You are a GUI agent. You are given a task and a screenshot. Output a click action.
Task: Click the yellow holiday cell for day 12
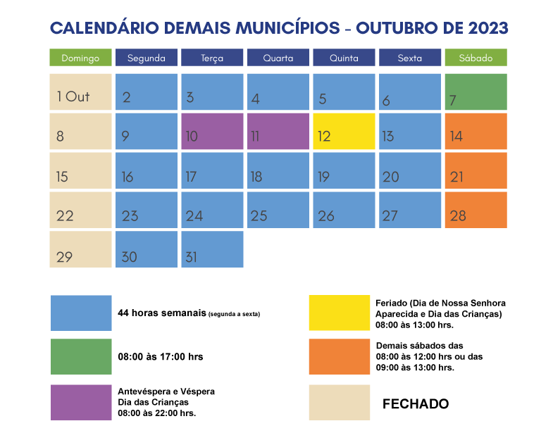tap(344, 131)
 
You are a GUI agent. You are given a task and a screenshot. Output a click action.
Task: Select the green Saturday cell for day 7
tap(476, 92)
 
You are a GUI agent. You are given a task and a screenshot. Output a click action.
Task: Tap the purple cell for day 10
tap(212, 131)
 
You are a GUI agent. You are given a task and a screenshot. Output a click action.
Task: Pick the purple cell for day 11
tap(278, 131)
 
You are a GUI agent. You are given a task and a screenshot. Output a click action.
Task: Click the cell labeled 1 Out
tap(80, 92)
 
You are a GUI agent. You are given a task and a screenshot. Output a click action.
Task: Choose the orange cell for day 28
tap(476, 210)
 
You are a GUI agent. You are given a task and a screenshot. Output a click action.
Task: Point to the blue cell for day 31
tap(212, 249)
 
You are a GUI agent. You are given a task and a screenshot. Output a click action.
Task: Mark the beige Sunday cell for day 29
tap(80, 249)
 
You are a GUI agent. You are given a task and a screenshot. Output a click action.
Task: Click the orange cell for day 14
tap(476, 131)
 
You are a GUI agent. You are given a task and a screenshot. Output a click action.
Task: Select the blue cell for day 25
tap(278, 210)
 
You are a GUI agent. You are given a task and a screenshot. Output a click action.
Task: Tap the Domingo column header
tap(80, 58)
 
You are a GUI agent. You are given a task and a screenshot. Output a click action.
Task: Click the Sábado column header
tap(476, 58)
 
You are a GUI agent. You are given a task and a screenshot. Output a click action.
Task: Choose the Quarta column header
tap(278, 58)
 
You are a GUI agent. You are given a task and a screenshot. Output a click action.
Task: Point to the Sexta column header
tap(409, 58)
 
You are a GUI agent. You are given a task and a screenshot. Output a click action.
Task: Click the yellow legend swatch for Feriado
tap(339, 313)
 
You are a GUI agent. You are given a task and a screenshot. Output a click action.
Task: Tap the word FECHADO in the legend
tap(415, 404)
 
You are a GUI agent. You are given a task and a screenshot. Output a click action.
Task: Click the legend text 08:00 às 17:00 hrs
tap(160, 357)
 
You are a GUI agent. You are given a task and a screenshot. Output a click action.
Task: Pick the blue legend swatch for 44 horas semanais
tap(81, 313)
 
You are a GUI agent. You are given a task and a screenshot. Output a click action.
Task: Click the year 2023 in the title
tap(483, 28)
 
